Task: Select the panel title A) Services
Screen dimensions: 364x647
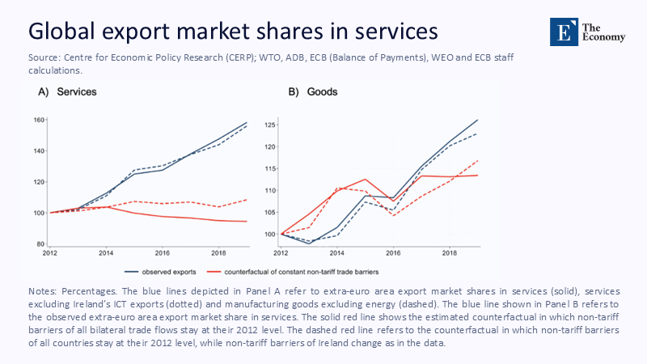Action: [x=68, y=92]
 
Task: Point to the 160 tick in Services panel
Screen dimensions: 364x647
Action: [x=38, y=121]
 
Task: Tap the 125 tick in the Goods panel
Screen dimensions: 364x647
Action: [x=270, y=125]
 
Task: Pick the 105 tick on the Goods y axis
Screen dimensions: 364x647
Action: [x=270, y=213]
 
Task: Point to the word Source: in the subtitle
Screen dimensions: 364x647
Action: [x=45, y=59]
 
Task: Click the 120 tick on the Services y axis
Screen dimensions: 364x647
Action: [x=38, y=182]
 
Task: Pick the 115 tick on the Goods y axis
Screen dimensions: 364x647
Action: [x=270, y=168]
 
